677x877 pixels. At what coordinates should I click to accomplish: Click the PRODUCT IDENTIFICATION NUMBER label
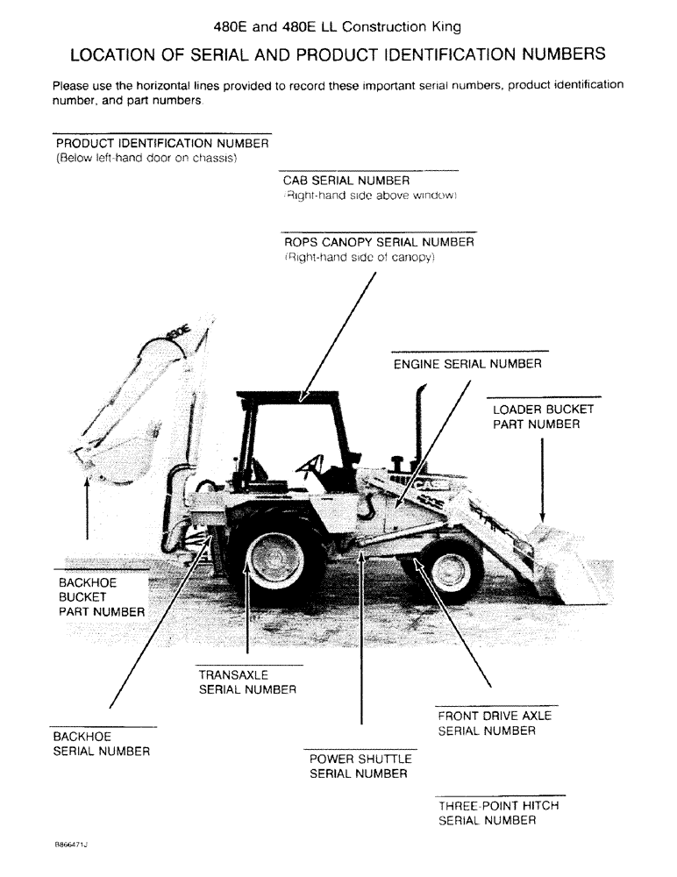pos(161,143)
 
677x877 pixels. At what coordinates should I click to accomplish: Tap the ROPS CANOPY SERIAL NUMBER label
pos(378,241)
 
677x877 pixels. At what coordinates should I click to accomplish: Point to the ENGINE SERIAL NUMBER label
pos(467,363)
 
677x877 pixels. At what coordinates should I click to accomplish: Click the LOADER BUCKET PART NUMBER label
pos(543,417)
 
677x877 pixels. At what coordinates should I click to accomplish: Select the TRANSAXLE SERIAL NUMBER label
pos(247,682)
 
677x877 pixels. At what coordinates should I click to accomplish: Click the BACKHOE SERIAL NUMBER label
pos(101,744)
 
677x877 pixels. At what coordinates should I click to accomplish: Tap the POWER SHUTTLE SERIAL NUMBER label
pos(358,766)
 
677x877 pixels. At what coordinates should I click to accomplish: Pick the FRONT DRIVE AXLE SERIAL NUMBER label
pos(495,724)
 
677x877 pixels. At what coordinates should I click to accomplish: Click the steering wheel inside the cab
pos(312,465)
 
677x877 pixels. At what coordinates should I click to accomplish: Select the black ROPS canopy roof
pos(289,396)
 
